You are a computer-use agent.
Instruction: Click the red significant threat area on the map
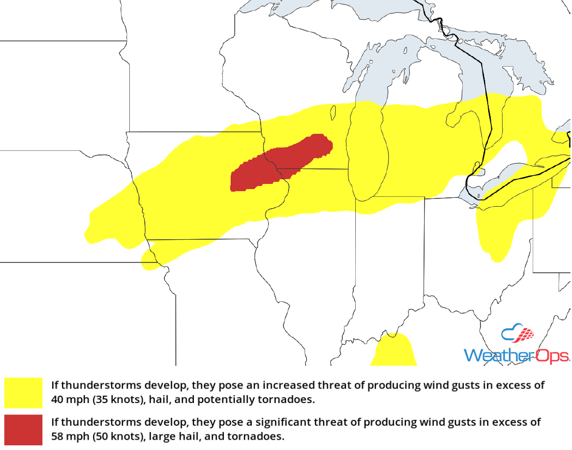(x=279, y=163)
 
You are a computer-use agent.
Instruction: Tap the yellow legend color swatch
(x=23, y=393)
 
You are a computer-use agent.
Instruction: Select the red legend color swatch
(x=23, y=429)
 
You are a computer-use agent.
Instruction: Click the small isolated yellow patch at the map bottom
(x=394, y=351)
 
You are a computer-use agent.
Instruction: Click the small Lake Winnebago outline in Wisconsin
(x=334, y=111)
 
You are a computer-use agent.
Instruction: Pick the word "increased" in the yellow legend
(x=288, y=385)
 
